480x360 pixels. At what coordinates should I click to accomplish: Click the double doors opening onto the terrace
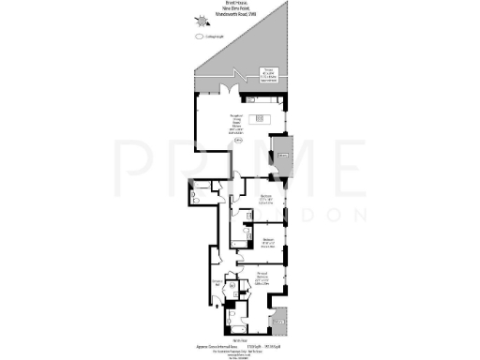pyautogui.click(x=226, y=90)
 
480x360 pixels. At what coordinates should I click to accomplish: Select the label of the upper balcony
pyautogui.click(x=283, y=155)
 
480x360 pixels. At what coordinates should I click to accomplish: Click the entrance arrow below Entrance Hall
pyautogui.click(x=216, y=297)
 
